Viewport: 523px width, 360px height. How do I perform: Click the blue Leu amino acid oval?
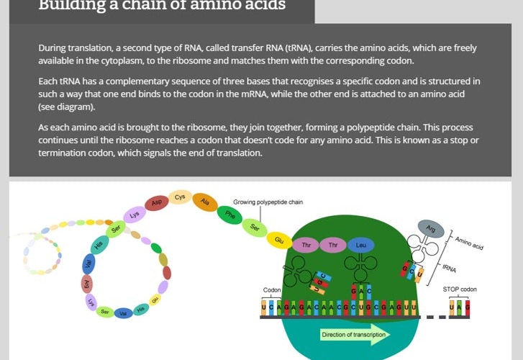(x=360, y=246)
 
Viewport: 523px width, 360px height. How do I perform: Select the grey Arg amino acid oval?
(x=431, y=228)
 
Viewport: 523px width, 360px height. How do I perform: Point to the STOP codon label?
(x=459, y=289)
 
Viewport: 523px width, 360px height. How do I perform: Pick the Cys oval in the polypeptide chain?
(x=180, y=197)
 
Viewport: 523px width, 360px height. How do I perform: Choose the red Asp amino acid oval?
(x=157, y=204)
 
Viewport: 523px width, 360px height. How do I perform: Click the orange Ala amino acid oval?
(x=205, y=202)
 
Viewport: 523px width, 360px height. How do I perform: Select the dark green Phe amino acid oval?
(x=230, y=214)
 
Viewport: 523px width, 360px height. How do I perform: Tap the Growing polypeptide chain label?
(x=268, y=202)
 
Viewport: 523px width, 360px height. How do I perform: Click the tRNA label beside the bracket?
(x=450, y=268)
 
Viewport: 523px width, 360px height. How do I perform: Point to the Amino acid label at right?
(x=468, y=241)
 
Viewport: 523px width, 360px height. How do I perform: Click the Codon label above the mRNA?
(x=272, y=290)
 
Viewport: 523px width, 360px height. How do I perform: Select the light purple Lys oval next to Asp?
(x=134, y=215)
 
